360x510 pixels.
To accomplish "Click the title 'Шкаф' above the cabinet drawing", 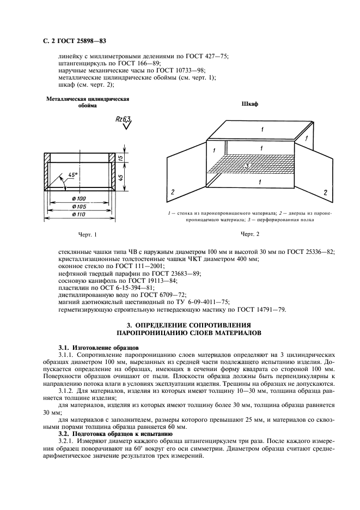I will [250, 104].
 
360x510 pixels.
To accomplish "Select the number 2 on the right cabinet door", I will [325, 193].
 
